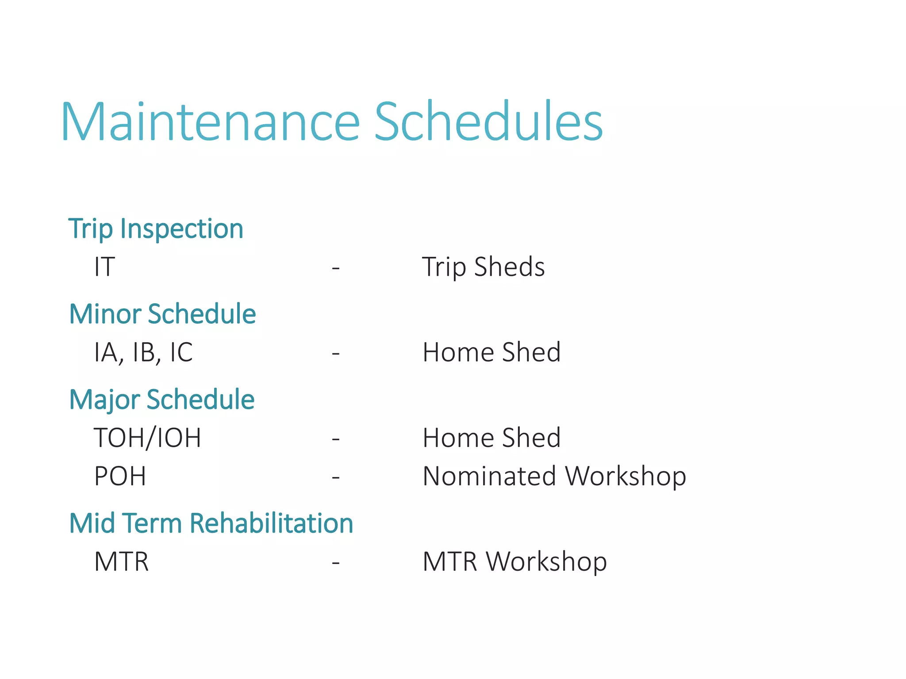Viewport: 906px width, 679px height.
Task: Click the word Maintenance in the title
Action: point(211,121)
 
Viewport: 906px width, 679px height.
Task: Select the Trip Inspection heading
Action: point(156,229)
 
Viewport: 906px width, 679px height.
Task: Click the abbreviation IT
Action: point(104,267)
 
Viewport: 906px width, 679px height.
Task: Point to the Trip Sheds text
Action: point(484,267)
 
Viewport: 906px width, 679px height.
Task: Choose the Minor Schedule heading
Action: point(163,314)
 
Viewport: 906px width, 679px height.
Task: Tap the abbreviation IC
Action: point(181,352)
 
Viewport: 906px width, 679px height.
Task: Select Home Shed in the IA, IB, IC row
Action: point(492,352)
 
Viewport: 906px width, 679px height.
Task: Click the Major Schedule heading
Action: point(162,400)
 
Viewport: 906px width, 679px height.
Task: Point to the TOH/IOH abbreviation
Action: point(148,438)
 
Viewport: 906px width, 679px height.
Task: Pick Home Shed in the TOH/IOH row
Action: point(492,437)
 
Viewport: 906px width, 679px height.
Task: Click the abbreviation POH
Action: point(120,476)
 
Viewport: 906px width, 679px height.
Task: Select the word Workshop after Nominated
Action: point(626,477)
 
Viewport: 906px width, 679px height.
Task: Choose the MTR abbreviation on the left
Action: point(122,561)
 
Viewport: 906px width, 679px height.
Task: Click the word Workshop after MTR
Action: point(546,562)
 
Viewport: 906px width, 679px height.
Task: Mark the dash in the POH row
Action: point(336,477)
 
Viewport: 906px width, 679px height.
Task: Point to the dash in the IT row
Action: point(336,268)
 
